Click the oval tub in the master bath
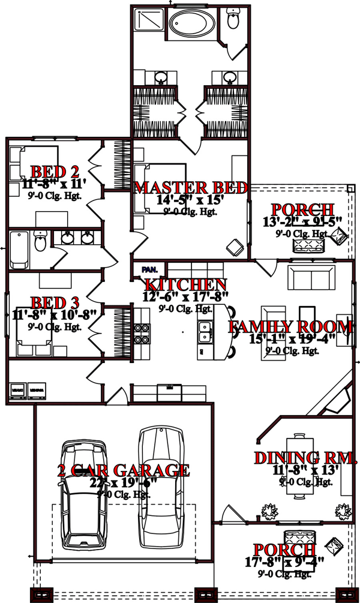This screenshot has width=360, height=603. (x=190, y=25)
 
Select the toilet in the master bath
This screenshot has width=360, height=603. (x=233, y=21)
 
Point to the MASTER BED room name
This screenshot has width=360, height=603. (x=191, y=188)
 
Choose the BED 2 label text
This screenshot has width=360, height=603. (x=47, y=172)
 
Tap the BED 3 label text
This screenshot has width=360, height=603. (x=47, y=302)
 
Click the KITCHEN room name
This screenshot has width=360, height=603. (x=185, y=284)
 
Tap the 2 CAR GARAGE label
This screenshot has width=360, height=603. (x=124, y=470)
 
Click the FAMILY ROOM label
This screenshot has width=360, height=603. (x=290, y=327)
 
